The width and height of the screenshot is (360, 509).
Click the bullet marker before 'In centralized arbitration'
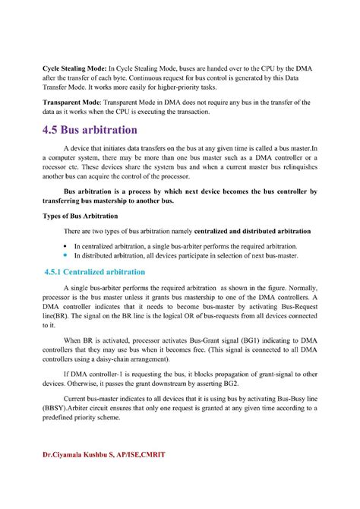click(x=65, y=247)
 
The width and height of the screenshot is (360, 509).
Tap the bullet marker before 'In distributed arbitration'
click(x=65, y=256)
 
